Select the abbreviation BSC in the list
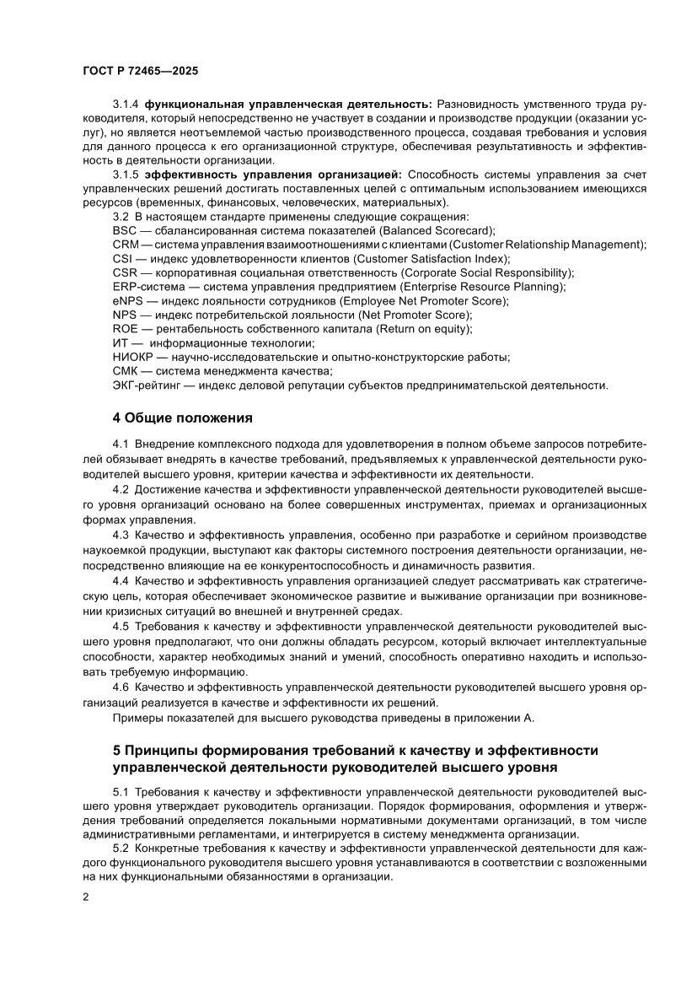click(124, 230)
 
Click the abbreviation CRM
click(125, 245)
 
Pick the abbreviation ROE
click(125, 328)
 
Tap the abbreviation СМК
click(126, 371)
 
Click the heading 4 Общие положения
click(182, 418)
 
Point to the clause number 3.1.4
click(126, 104)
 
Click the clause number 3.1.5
click(126, 175)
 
